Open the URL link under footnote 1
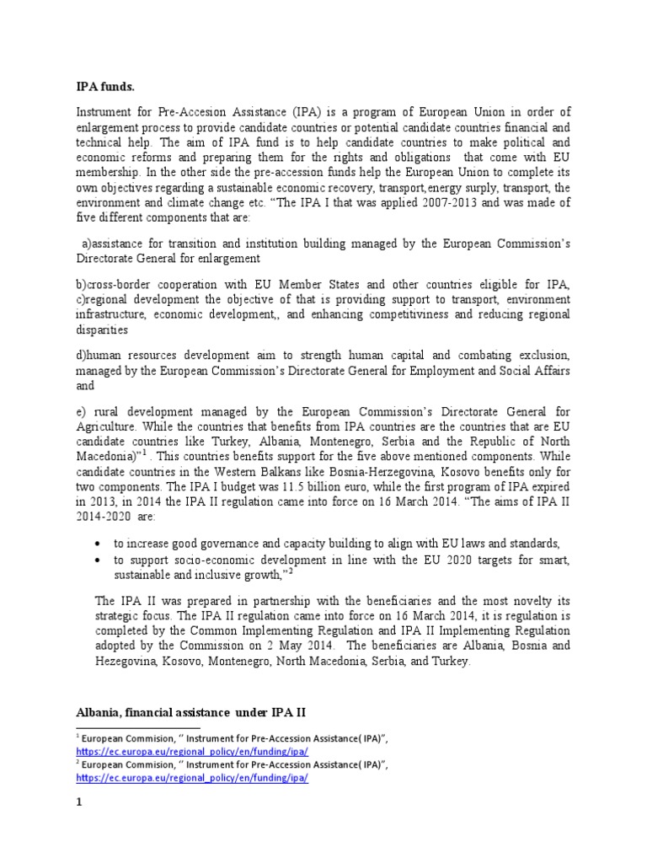click(192, 750)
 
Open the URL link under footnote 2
click(192, 779)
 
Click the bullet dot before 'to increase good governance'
click(100, 543)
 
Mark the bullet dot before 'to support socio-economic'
click(100, 560)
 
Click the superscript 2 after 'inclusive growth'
click(291, 571)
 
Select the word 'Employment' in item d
click(419, 371)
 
